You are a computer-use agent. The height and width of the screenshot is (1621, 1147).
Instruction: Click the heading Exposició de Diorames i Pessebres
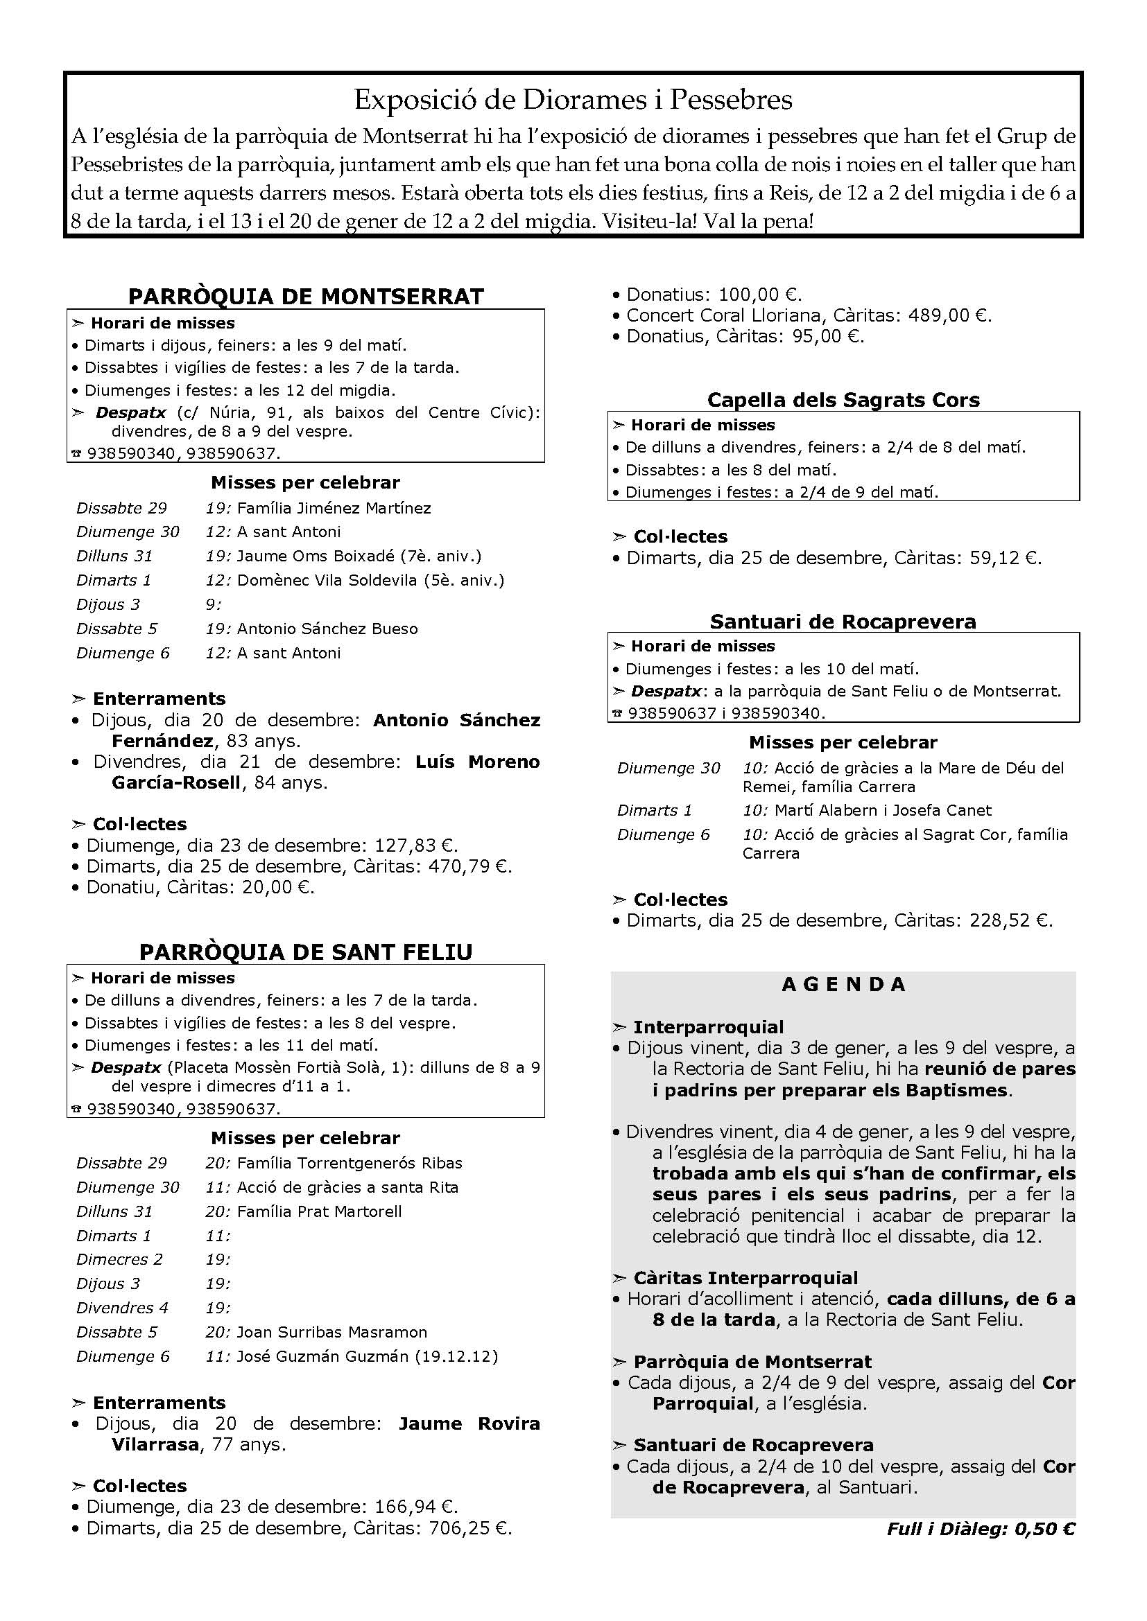(573, 100)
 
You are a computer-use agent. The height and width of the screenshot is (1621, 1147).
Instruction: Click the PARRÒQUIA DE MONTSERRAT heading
(306, 296)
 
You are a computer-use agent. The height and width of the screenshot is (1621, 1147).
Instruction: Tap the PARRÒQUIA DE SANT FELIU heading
(306, 951)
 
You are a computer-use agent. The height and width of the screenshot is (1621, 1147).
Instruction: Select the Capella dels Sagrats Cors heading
(843, 400)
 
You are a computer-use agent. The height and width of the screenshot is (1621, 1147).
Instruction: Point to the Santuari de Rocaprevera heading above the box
(843, 621)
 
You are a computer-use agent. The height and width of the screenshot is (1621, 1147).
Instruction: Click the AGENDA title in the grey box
(843, 984)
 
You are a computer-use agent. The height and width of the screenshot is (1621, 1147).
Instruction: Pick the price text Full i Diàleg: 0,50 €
(981, 1529)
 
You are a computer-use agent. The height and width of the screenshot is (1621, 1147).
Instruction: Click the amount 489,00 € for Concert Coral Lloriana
(947, 315)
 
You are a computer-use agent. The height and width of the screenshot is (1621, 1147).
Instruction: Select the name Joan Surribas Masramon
(332, 1332)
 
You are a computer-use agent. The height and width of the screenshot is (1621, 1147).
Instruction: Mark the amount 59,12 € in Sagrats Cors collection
(1002, 558)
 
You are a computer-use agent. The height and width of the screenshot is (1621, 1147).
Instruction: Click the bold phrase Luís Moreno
(477, 761)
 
